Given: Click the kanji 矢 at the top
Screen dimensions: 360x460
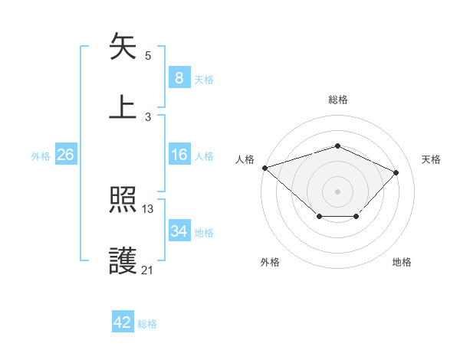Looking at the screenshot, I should click(x=124, y=47).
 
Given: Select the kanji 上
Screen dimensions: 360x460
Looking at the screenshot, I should click(x=124, y=107).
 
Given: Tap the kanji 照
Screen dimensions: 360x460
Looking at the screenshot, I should click(x=124, y=201).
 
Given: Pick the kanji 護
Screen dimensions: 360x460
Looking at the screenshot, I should click(x=124, y=261).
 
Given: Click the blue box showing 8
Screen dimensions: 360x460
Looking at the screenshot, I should click(x=179, y=77).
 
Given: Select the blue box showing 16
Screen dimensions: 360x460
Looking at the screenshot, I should click(x=179, y=155).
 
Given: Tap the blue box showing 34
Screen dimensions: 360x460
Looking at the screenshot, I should click(x=179, y=231).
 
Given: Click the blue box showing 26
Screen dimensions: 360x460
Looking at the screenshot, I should click(x=66, y=155).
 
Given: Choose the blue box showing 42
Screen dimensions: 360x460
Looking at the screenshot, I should click(x=123, y=322).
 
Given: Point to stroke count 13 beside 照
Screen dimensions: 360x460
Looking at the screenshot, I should click(x=148, y=209).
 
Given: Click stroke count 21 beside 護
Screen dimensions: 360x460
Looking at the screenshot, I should click(x=148, y=270).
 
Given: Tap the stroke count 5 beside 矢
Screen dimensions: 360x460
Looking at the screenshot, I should click(x=148, y=56).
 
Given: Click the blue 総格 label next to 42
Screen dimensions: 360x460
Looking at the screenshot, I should click(x=147, y=324).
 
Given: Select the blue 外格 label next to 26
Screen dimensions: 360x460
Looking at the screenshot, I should click(x=41, y=155).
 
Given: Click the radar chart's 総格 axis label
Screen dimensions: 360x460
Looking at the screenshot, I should click(x=338, y=100).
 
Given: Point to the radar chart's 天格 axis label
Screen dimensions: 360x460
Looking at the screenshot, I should click(x=432, y=159).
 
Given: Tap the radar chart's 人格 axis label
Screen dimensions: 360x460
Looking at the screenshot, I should click(x=245, y=159).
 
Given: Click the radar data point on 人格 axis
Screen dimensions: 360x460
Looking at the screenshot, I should click(x=264, y=168).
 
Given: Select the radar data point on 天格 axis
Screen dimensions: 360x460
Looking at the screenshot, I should click(x=396, y=172).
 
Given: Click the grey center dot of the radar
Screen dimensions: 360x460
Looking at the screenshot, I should click(x=338, y=191).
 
